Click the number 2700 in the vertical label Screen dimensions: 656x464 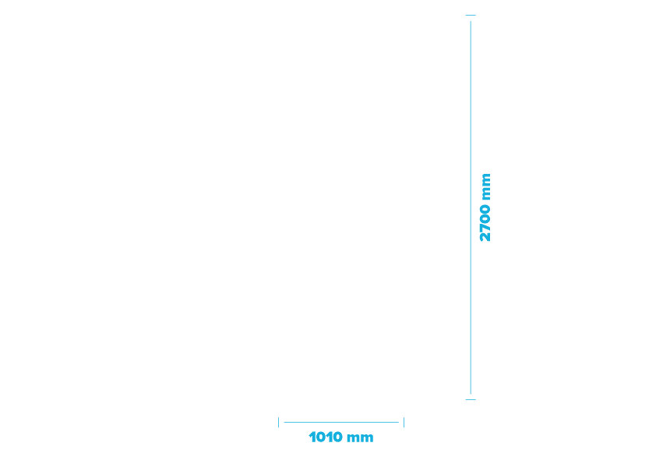[485, 223]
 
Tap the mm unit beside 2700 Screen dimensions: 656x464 [486, 187]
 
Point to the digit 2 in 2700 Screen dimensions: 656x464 [485, 237]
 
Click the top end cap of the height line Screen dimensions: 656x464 [471, 15]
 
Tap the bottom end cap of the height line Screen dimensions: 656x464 [471, 399]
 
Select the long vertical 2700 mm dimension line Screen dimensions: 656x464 [471, 207]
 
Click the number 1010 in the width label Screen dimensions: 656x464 [326, 437]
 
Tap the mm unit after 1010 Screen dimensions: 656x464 [360, 438]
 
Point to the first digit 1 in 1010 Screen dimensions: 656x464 [312, 437]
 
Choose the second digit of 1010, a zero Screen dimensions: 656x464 [320, 437]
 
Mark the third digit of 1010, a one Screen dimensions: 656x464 [329, 437]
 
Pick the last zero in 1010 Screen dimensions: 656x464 [337, 437]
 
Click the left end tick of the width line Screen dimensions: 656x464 [279, 422]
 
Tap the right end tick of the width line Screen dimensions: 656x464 [404, 422]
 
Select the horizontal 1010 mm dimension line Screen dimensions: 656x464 [341, 422]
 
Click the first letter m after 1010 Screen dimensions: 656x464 [354, 438]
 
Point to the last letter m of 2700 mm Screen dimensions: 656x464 [486, 179]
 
